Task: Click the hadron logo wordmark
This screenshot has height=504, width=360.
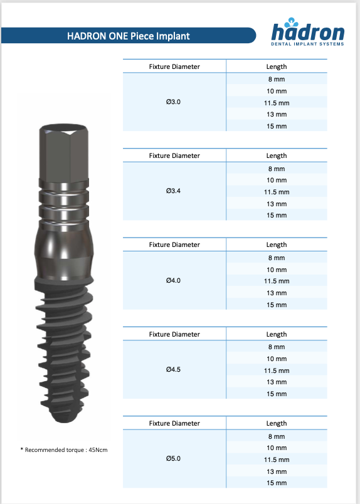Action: (307, 33)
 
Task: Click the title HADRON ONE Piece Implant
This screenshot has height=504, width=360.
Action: (129, 36)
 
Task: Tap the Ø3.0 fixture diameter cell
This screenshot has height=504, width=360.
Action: (173, 102)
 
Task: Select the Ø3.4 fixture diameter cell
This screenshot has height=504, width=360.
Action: (173, 191)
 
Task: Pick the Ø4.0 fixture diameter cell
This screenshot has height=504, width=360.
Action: (173, 280)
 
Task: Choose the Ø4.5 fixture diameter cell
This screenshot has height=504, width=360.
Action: (173, 369)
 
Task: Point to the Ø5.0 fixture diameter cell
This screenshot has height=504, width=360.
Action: (173, 458)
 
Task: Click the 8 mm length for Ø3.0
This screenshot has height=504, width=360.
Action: (277, 79)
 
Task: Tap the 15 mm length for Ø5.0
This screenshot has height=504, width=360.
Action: (277, 483)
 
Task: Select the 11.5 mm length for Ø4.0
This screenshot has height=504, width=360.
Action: (277, 281)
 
